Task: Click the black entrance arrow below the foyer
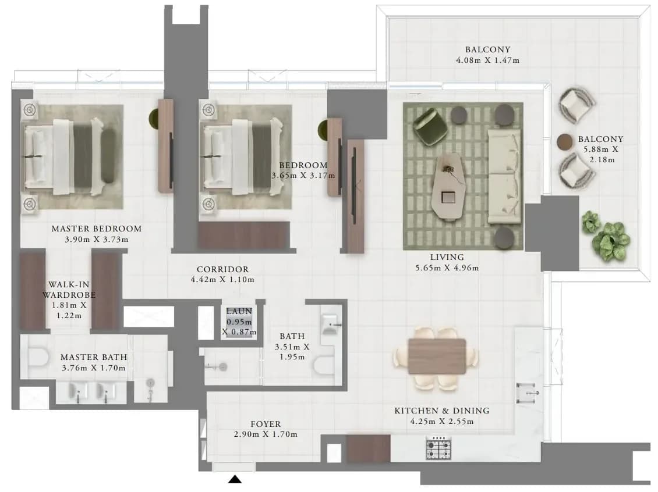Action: [235, 479]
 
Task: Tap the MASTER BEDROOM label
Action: [97, 229]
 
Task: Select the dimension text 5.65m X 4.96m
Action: [447, 268]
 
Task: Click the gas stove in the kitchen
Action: [438, 448]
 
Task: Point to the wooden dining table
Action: [437, 356]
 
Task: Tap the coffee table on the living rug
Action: [448, 186]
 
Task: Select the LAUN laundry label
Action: [239, 311]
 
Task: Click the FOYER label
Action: [266, 424]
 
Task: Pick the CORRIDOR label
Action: [222, 269]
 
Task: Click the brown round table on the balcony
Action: [564, 142]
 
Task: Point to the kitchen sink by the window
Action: [528, 393]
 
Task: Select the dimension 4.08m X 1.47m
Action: [487, 60]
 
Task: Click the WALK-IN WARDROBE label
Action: [69, 290]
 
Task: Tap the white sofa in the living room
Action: [504, 177]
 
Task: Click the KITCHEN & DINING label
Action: [442, 411]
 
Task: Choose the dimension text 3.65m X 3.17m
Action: [303, 176]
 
